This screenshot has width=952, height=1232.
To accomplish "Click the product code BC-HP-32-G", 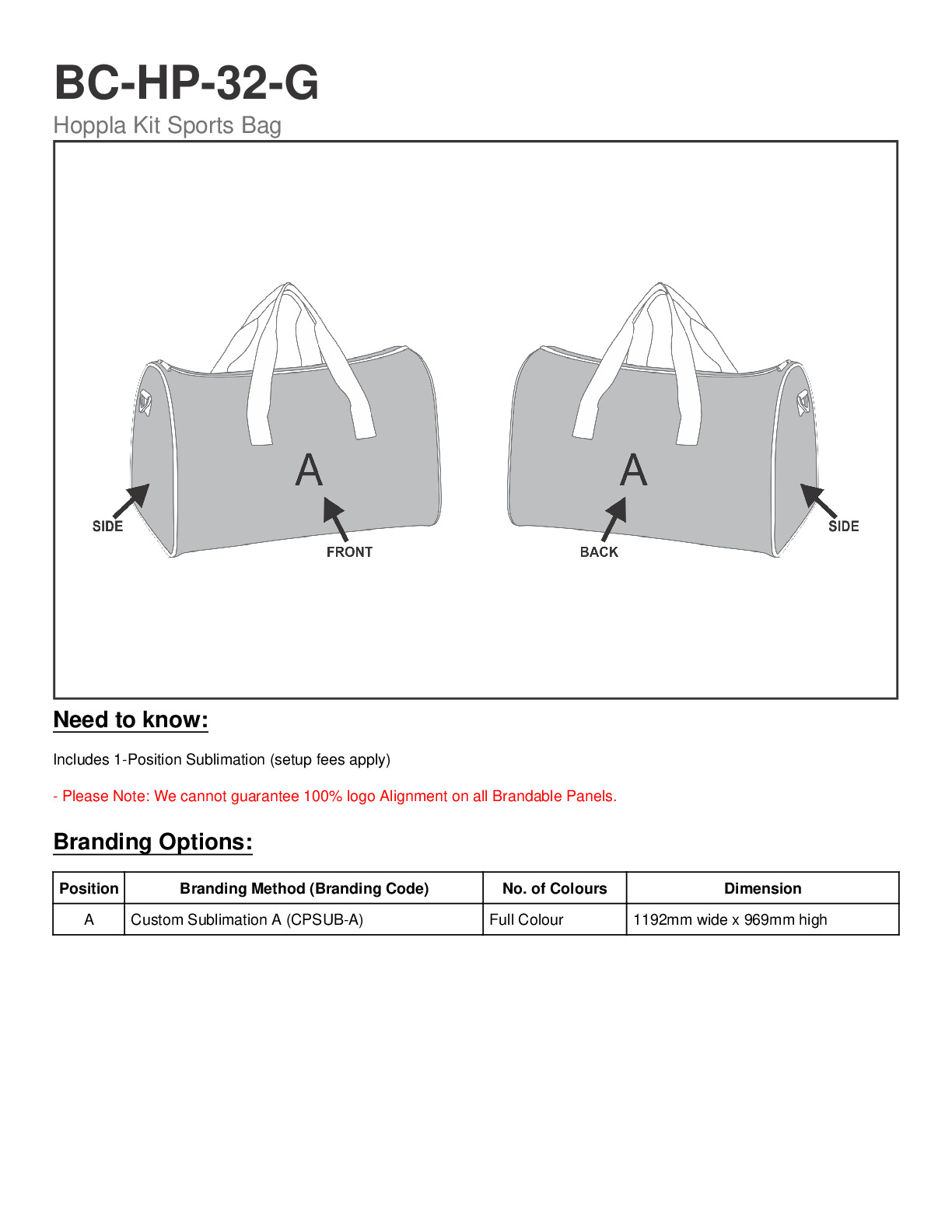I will coord(186,82).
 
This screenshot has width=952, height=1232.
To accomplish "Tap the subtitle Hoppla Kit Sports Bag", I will coord(167,125).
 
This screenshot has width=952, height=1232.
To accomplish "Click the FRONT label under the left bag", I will coord(349,551).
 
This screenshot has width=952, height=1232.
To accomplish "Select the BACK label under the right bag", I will coord(599,551).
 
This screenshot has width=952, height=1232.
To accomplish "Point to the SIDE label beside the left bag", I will coord(107,527).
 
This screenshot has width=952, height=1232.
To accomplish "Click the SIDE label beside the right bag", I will coord(843,527).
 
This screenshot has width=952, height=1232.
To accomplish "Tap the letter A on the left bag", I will coord(309,470).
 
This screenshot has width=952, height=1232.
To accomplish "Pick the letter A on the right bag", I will coord(633,470).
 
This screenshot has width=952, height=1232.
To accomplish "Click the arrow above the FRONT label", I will coord(335,517).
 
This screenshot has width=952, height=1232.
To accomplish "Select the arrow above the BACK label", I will coord(614,518).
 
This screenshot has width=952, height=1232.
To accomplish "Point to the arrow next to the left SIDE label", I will coord(133,499).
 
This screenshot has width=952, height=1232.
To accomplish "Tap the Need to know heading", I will coord(131,720).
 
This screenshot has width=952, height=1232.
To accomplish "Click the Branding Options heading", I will coord(153,842).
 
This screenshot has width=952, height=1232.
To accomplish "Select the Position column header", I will coord(89,888).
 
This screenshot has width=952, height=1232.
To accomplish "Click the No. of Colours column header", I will coord(555,888).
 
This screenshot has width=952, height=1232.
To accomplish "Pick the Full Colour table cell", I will coord(527,919).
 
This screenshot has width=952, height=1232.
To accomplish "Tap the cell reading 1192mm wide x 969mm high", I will coord(730,919).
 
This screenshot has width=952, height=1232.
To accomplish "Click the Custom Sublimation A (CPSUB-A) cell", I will coord(247,919).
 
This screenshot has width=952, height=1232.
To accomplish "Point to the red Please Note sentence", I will coord(334,796).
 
